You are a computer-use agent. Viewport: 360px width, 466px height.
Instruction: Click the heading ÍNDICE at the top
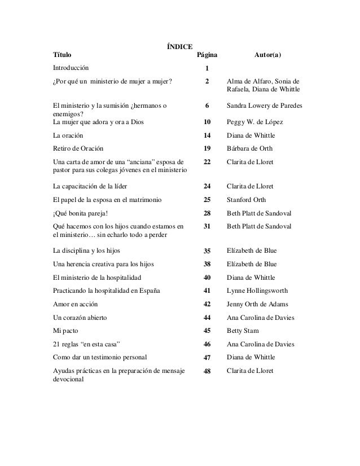point(179,46)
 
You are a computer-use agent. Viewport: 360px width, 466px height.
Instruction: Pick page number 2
point(207,81)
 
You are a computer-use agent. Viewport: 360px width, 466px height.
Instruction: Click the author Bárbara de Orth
point(249,149)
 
